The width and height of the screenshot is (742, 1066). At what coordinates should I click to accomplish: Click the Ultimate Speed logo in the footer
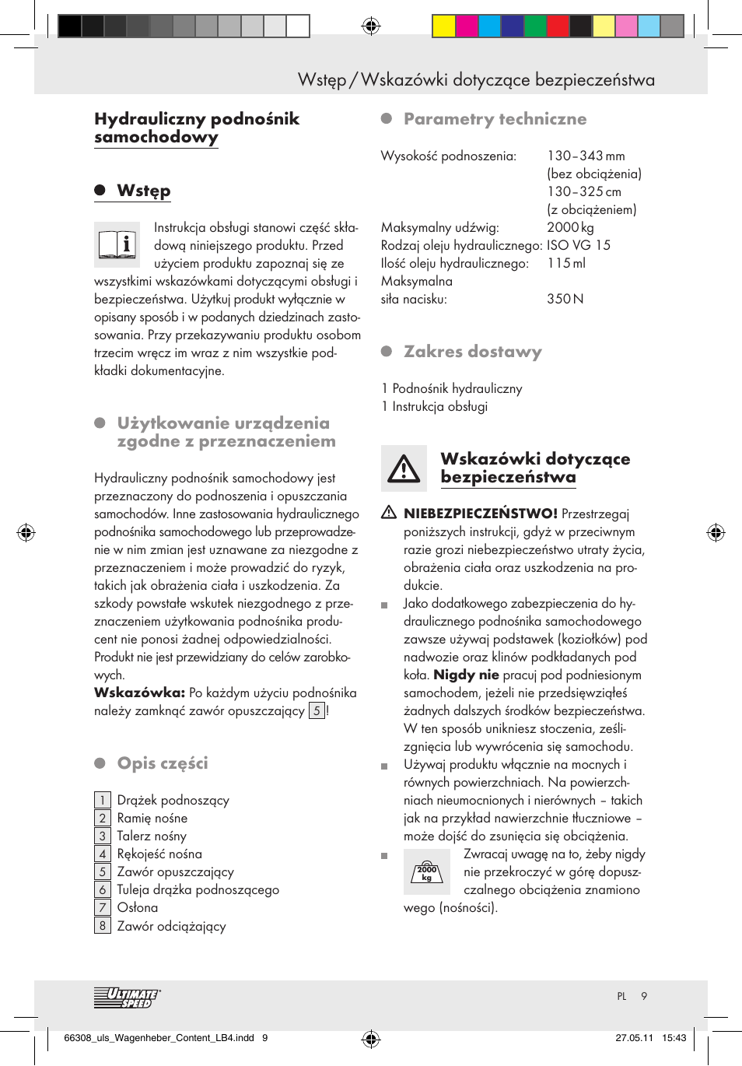coord(127,998)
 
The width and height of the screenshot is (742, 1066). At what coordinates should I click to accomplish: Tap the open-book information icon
coord(117,245)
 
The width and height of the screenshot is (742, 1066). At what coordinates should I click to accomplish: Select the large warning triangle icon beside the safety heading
coord(404,468)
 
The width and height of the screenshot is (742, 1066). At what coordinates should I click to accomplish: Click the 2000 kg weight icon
coord(426,872)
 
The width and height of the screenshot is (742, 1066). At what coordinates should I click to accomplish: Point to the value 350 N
coord(565,299)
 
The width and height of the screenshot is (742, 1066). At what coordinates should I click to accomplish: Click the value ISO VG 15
coord(578,245)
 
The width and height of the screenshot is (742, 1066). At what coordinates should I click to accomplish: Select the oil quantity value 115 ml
coord(565,263)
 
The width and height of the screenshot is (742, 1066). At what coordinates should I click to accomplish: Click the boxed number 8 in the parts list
coord(103,925)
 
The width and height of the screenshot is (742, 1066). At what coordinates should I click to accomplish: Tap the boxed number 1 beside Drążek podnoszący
coord(103,800)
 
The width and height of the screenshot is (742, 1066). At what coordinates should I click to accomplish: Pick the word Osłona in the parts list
coord(137,907)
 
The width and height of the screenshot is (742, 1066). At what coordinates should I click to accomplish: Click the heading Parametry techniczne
coord(495,119)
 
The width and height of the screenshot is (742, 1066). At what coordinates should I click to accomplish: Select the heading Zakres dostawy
coord(472,352)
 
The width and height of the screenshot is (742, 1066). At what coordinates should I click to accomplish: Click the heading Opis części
coord(163,763)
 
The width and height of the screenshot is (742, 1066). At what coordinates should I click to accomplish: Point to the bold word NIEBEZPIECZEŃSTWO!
coord(480,514)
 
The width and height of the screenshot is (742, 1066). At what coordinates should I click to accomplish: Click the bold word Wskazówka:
coord(139,693)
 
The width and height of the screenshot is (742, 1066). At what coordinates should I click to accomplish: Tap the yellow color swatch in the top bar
coord(443,26)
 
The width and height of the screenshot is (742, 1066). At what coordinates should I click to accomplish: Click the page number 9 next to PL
coord(644,996)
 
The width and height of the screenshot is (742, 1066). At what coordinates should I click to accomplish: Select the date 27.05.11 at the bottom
coord(634,1037)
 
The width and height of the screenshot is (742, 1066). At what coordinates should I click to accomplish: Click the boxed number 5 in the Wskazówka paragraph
coord(317,710)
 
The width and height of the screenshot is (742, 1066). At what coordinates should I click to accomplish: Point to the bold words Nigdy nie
coord(466,675)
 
